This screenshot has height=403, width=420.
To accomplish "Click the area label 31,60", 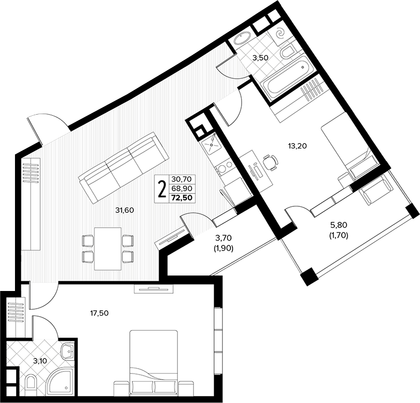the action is [x=124, y=210].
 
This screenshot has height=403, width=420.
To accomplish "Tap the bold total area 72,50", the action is [x=182, y=198].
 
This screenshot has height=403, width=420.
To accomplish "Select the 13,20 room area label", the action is [x=297, y=146].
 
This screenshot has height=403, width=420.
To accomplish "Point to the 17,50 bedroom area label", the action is [x=100, y=313].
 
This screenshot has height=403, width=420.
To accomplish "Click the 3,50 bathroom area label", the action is [x=260, y=58].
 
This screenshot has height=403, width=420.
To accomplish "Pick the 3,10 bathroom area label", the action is [x=40, y=361].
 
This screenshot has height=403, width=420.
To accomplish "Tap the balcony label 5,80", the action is [x=339, y=225].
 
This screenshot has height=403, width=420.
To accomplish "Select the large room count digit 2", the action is [x=162, y=189].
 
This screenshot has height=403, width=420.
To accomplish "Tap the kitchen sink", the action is [x=212, y=145].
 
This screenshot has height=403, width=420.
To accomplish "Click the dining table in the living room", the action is [x=108, y=249].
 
